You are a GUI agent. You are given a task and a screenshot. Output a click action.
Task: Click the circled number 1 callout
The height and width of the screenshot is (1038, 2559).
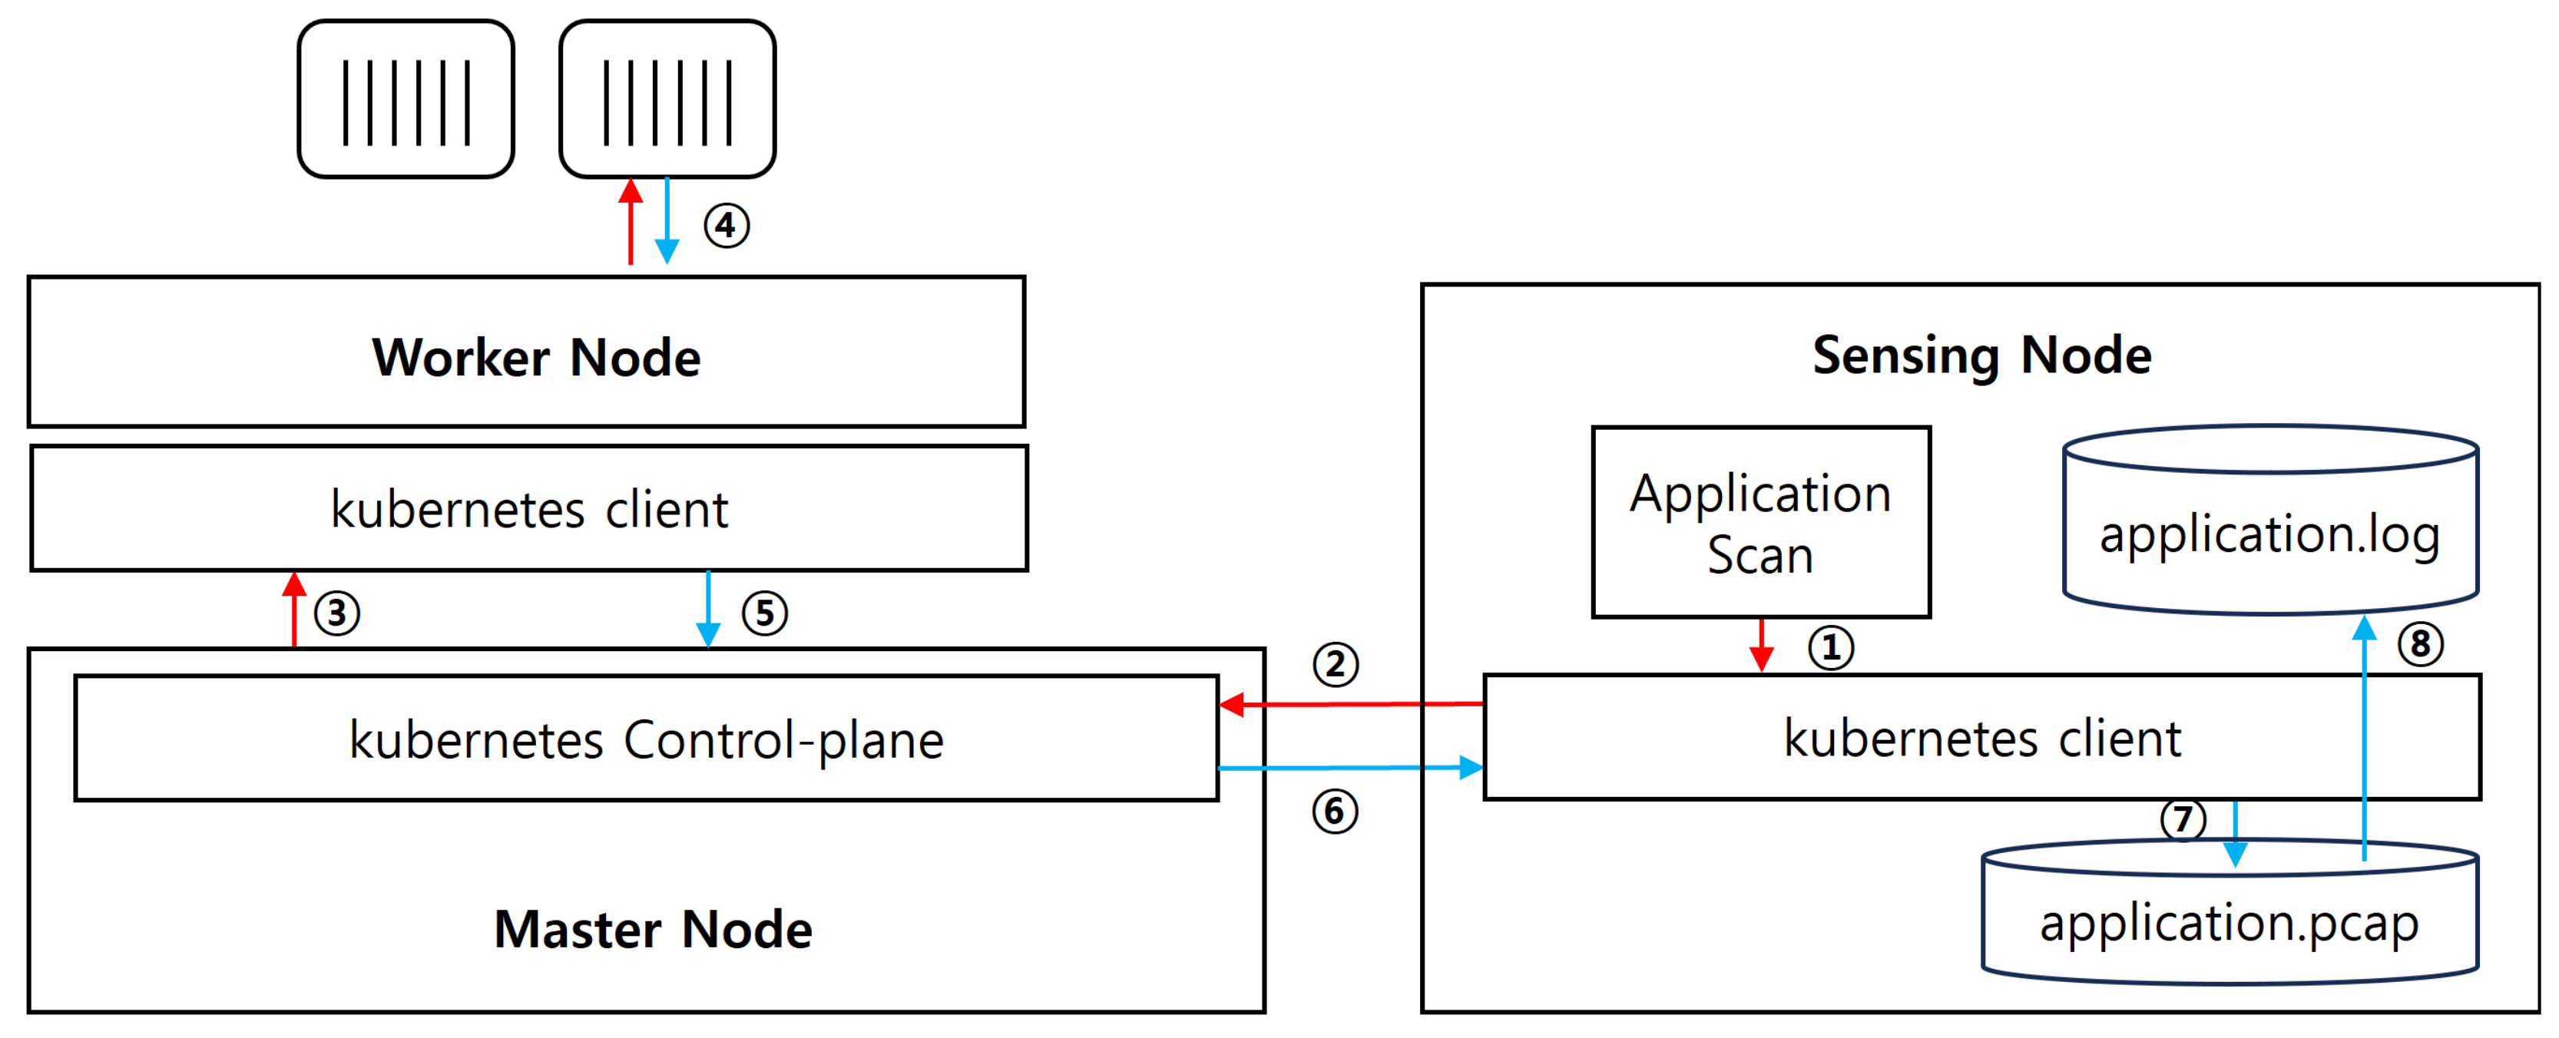[x=1830, y=649]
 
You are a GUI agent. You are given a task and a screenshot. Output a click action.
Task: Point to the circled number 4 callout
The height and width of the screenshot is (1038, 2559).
[x=727, y=226]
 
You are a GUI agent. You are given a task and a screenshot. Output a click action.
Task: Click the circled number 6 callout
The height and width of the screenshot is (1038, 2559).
[x=1334, y=812]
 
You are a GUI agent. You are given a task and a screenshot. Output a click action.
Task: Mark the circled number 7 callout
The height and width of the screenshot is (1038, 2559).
[x=2183, y=819]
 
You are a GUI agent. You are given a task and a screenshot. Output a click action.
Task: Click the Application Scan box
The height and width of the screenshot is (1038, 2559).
[x=1760, y=523]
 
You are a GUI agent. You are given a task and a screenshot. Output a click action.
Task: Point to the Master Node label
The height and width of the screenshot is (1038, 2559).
[x=653, y=930]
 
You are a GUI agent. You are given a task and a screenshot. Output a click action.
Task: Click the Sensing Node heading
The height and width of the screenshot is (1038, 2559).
[x=1981, y=355]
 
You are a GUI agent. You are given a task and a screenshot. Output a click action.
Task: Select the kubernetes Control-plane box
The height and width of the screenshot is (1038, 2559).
[x=647, y=739]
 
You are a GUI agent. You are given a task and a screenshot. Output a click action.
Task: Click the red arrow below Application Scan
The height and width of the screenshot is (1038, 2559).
[x=1761, y=645]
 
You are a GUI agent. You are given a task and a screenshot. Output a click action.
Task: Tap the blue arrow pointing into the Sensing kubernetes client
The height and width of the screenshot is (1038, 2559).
[x=1351, y=768]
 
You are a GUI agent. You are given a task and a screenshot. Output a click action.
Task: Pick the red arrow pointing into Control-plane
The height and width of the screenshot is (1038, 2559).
[x=1351, y=704]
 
